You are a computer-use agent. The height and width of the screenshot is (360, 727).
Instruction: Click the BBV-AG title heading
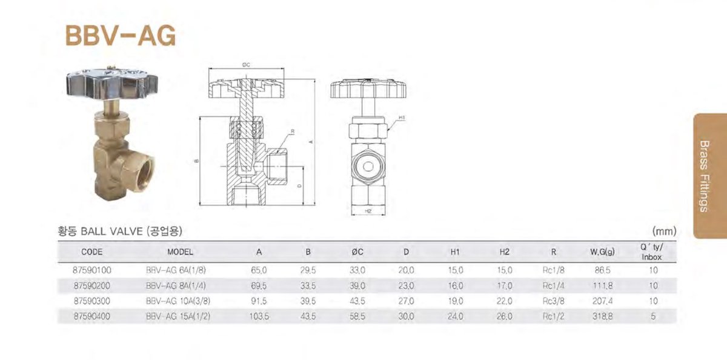coord(121,36)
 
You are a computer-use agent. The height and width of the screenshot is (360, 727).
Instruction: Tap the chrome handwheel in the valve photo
coord(112,84)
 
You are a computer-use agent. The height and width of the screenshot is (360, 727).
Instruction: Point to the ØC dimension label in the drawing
coord(246,65)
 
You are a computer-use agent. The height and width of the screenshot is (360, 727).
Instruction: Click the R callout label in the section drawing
coord(293,132)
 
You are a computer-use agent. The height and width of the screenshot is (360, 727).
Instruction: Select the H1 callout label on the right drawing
coord(402,118)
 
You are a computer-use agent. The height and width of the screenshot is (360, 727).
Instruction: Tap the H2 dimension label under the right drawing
coord(368,211)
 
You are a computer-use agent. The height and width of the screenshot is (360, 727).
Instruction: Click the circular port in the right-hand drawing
coord(368,167)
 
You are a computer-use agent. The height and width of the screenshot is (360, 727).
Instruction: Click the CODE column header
coord(92,252)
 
